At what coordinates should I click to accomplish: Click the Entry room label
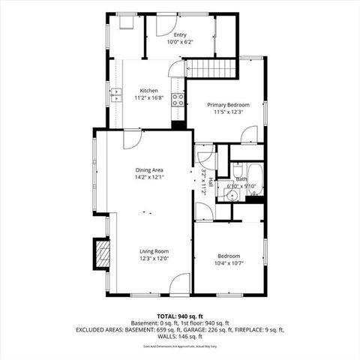180,34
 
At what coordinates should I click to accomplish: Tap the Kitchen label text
148,91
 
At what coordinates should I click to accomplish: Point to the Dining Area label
149,170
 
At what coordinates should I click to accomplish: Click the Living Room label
153,251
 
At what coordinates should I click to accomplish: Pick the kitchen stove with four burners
178,100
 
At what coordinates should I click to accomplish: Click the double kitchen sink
116,94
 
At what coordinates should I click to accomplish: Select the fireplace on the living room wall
98,253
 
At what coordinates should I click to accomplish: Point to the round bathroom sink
232,195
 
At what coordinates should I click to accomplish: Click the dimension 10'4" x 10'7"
229,262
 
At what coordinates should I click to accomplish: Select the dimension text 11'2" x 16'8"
148,97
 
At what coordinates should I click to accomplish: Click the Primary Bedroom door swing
250,135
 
